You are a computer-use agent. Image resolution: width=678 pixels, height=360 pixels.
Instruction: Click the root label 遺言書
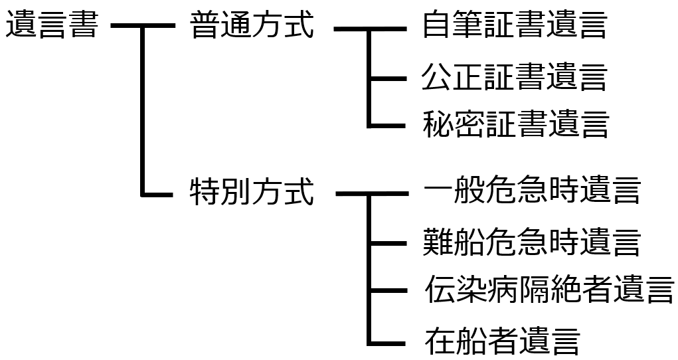[52, 27]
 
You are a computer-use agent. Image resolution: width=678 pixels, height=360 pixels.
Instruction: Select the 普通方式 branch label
[251, 27]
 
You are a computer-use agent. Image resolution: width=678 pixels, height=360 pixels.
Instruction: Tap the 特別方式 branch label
[251, 193]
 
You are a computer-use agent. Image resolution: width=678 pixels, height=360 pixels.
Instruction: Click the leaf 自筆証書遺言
[514, 27]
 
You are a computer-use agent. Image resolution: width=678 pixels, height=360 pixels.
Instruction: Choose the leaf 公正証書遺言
[514, 77]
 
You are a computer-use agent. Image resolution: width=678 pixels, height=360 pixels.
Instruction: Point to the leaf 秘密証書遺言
[515, 124]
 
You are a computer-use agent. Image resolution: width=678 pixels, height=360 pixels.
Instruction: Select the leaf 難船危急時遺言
[531, 242]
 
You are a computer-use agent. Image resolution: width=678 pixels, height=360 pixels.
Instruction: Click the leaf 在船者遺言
[502, 341]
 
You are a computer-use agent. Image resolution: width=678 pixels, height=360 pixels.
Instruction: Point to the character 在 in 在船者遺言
[440, 341]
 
